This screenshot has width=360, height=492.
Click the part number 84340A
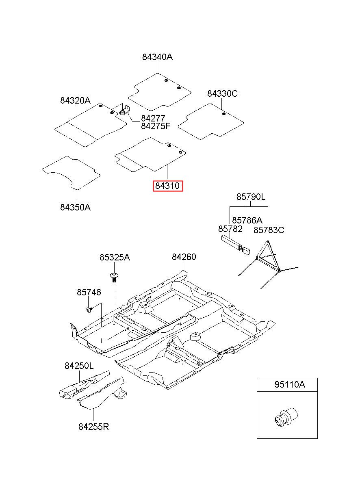click(x=157, y=57)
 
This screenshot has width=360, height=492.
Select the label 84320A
click(x=75, y=100)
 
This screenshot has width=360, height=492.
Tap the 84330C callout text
click(x=222, y=94)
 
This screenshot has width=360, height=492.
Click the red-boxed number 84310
click(x=167, y=186)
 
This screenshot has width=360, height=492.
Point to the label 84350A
click(x=75, y=207)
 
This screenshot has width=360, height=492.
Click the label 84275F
click(x=156, y=126)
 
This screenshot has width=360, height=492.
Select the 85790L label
click(x=251, y=197)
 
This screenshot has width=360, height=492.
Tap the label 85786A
click(x=247, y=220)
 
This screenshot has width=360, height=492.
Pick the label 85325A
click(x=115, y=258)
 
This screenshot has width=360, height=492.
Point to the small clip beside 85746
click(x=89, y=310)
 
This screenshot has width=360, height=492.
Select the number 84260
click(x=184, y=257)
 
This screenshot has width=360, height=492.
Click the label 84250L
click(x=79, y=366)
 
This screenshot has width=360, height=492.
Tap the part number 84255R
click(x=93, y=427)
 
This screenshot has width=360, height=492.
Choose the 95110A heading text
click(x=289, y=385)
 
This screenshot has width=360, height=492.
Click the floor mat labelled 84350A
click(x=71, y=172)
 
